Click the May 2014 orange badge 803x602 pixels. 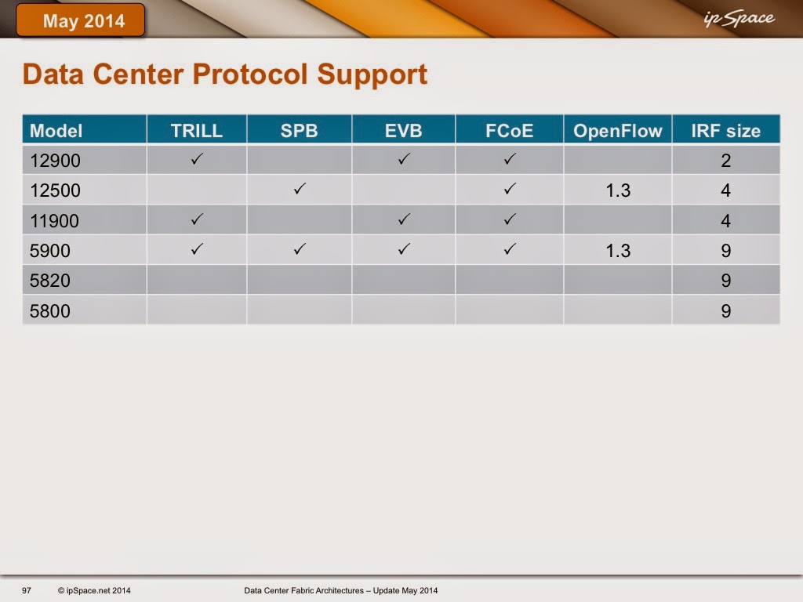click(x=81, y=20)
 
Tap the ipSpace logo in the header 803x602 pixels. click(x=739, y=19)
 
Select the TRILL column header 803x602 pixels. click(x=197, y=131)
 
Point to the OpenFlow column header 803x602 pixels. click(x=618, y=131)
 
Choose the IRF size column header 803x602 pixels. click(x=725, y=131)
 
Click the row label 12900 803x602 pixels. click(x=55, y=161)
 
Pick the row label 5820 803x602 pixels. click(x=49, y=281)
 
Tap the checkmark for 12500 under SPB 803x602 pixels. click(x=300, y=189)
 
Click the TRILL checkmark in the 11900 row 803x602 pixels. click(x=197, y=219)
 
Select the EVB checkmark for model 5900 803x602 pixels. click(x=404, y=249)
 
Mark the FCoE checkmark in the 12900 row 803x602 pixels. click(x=509, y=159)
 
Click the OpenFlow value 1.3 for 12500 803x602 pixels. click(x=618, y=190)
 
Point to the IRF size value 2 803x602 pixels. click(x=725, y=161)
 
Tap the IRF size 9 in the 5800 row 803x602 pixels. click(x=725, y=310)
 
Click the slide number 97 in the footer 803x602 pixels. click(x=27, y=590)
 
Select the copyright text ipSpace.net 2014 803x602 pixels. click(x=94, y=590)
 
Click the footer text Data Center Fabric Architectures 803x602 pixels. click(x=303, y=590)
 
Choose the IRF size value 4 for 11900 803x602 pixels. click(x=725, y=220)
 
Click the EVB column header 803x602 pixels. click(x=404, y=131)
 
